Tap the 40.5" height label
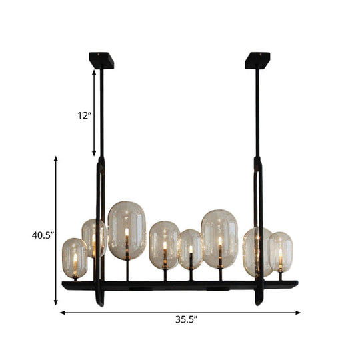[43, 235]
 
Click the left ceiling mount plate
[101, 61]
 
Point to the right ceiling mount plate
[257, 61]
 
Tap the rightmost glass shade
[281, 251]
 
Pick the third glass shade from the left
[127, 230]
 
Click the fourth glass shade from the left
[164, 245]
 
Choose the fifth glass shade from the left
[191, 249]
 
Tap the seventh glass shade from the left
[255, 251]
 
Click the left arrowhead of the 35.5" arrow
[62, 311]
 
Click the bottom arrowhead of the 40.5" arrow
[55, 303]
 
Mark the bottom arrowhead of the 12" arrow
[95, 153]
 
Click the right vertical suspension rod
[257, 113]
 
